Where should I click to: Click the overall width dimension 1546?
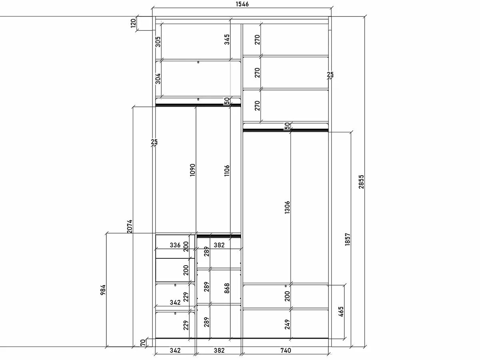tap(242, 4)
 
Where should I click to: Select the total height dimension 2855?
tap(361, 182)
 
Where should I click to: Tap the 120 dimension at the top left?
tap(133, 23)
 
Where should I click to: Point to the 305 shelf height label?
tap(158, 42)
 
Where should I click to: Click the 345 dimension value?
tap(227, 39)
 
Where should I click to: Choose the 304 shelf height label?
tap(158, 79)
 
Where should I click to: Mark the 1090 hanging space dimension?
tap(192, 170)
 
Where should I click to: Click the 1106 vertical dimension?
tap(227, 170)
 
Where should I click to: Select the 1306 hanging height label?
tap(287, 208)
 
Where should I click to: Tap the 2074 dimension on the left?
tap(130, 226)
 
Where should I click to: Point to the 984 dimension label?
tap(103, 290)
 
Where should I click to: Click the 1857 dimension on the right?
tap(348, 240)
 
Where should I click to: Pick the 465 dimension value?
tap(341, 312)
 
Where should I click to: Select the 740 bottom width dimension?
tap(286, 351)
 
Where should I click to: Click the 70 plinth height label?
tap(143, 343)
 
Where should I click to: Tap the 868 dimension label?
tap(227, 288)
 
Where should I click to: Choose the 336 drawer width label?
tap(175, 245)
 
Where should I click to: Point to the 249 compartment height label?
tap(287, 324)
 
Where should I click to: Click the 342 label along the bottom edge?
tap(175, 351)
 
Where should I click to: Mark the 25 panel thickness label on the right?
tap(330, 74)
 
